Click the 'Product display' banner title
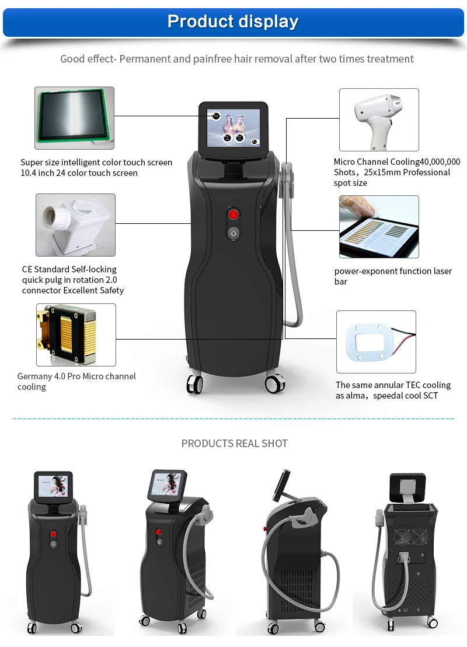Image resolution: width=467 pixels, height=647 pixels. [x=233, y=21]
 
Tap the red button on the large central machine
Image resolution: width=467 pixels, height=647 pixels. [x=233, y=214]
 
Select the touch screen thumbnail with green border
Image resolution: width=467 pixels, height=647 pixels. [x=74, y=118]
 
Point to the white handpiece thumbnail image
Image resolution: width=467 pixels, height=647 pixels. [x=379, y=120]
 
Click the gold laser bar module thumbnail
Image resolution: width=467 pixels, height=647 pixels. [x=76, y=335]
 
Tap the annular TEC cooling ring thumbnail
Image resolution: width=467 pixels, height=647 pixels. [x=376, y=342]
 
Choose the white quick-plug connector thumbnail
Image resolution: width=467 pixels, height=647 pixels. [x=75, y=225]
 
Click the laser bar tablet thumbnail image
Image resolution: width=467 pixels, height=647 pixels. [x=379, y=227]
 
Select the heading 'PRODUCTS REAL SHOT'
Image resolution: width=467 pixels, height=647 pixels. [x=235, y=444]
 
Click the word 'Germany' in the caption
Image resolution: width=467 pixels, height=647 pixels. [x=34, y=376]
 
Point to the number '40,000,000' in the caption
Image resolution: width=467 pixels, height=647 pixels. [x=440, y=162]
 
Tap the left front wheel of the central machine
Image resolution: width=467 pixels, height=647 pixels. [x=194, y=385]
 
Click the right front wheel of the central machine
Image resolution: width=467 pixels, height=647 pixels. [x=274, y=383]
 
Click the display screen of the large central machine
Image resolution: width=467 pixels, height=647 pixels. [x=233, y=128]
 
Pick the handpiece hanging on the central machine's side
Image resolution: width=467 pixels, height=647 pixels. [x=287, y=179]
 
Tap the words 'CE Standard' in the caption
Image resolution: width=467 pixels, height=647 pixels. [x=46, y=269]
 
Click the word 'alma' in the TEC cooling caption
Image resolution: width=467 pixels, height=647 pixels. [x=355, y=396]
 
